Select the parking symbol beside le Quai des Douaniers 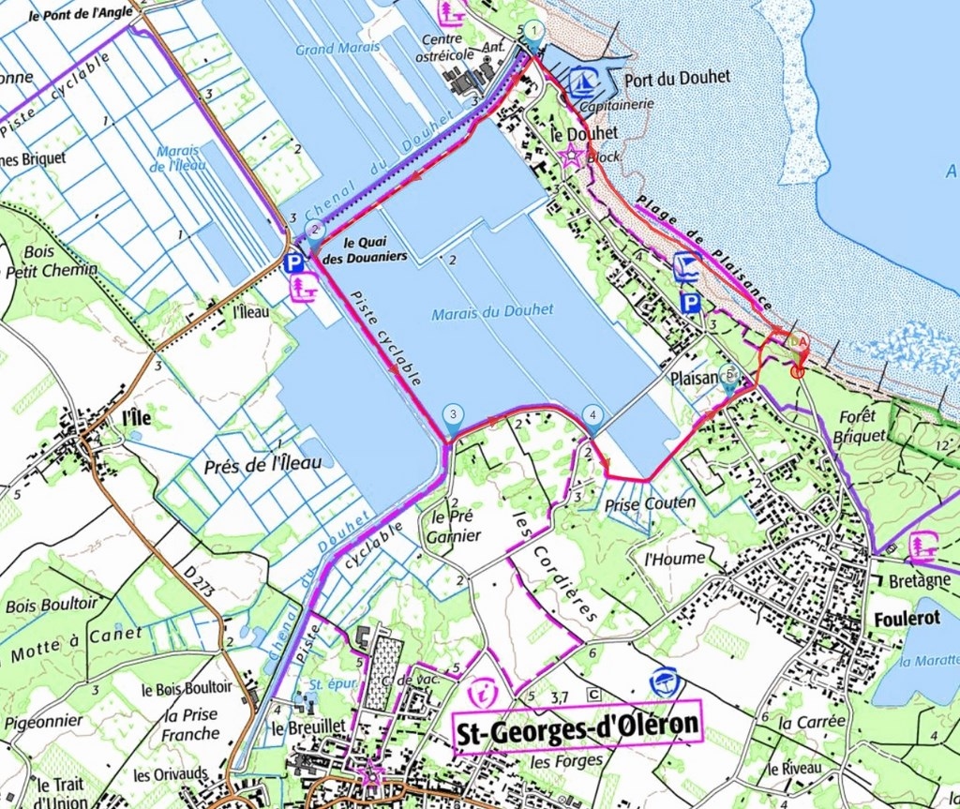294,263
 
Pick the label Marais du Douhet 492,310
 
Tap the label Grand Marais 338,47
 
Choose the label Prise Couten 651,503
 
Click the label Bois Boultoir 51,605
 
